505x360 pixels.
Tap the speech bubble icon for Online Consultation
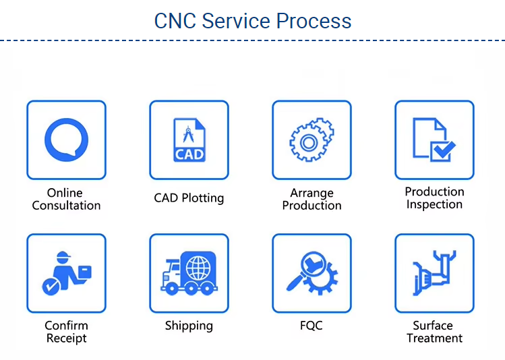coord(66,140)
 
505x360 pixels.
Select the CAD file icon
coord(189,140)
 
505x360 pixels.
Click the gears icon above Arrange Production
coord(311,140)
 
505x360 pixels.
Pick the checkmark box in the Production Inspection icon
coord(442,150)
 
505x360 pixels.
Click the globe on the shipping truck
coord(198,267)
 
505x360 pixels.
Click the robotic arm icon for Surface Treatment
coord(434,273)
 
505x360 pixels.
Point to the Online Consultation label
coord(66,199)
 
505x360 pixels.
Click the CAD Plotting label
coord(189,198)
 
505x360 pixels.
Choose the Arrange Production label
coord(311,199)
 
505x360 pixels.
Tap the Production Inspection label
coord(434,198)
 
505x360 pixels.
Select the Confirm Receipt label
coord(66,332)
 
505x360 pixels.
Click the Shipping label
coord(189,326)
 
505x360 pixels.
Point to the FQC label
coord(311,326)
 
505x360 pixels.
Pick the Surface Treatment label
coord(434,332)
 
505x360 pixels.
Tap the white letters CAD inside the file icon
coord(189,154)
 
